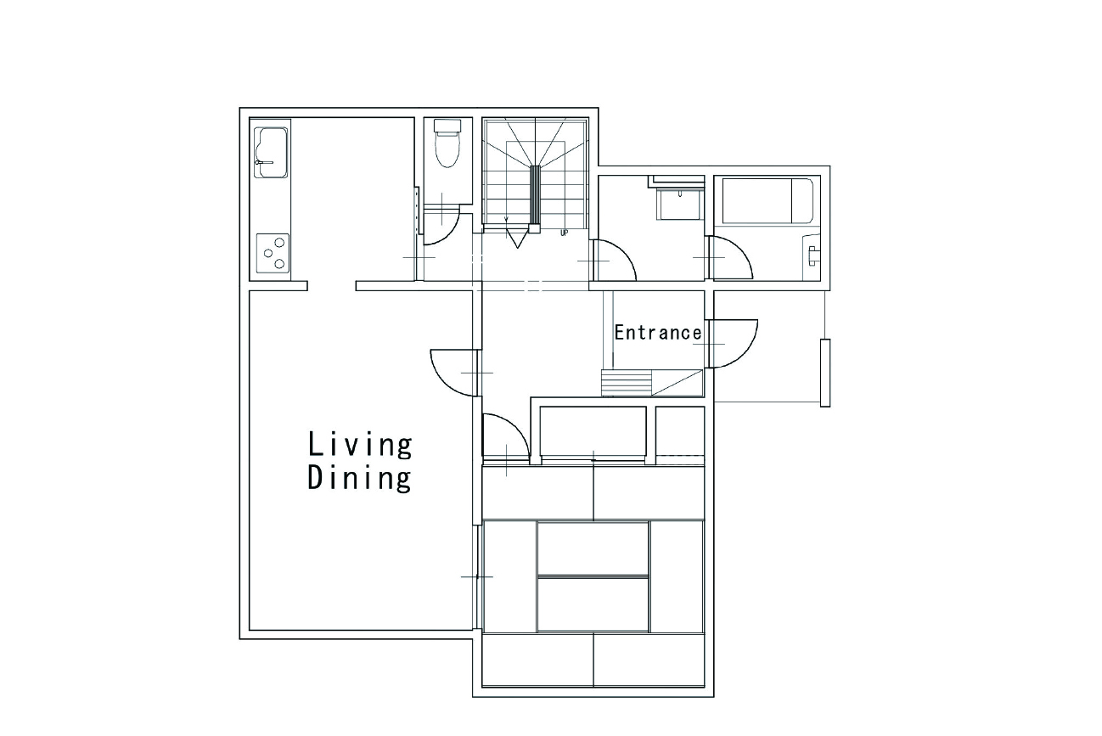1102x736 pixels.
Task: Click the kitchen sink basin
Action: [x=271, y=153]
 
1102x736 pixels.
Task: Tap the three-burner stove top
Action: [x=273, y=253]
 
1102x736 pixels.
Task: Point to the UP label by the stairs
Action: [x=564, y=233]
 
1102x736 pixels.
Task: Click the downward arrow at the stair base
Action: [x=516, y=239]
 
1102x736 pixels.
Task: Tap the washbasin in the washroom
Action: [x=679, y=202]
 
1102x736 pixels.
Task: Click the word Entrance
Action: [x=658, y=333]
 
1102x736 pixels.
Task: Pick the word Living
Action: [x=360, y=445]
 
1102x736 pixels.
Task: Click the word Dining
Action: [x=360, y=478]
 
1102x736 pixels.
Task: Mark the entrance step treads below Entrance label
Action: [x=627, y=383]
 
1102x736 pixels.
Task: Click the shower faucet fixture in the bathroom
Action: [x=812, y=256]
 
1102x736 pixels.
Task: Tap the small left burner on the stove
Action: [x=268, y=253]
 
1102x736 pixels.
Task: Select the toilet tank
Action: [x=447, y=126]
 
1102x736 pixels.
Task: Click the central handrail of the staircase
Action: [x=535, y=197]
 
